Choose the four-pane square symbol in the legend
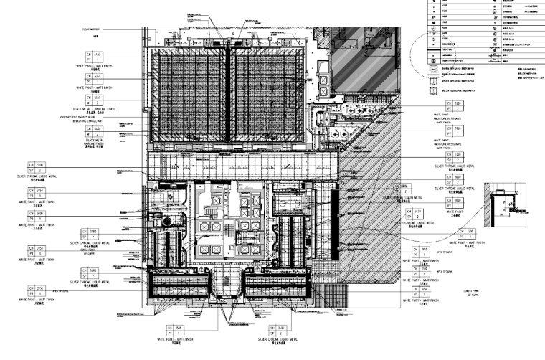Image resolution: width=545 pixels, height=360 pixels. pos(433,62)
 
